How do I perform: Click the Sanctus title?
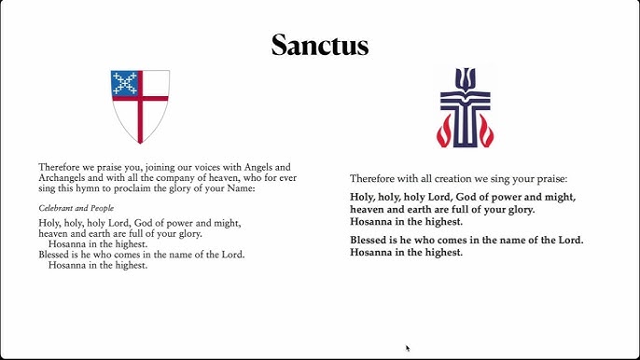click(320, 44)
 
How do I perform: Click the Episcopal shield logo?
click(140, 104)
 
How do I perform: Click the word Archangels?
click(63, 177)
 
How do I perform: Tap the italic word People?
click(101, 207)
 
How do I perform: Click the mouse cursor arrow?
click(408, 348)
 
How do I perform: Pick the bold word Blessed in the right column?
click(371, 240)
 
